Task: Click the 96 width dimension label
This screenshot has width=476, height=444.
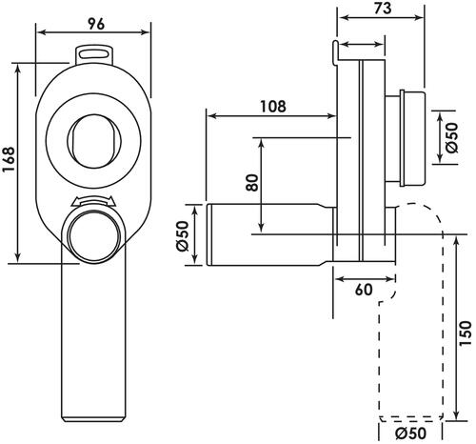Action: pos(96,24)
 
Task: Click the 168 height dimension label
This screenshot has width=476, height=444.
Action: pos(9,159)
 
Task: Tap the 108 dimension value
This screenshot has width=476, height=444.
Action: pos(273,107)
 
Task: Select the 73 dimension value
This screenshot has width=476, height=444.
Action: pos(383,9)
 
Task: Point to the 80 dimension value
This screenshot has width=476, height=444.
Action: pos(252,183)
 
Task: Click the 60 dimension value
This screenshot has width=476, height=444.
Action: pos(364,290)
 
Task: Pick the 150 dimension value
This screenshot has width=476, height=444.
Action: pos(466,333)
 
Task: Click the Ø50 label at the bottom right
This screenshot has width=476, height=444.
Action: pos(411,434)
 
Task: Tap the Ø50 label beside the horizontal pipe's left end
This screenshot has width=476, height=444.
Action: pos(183,235)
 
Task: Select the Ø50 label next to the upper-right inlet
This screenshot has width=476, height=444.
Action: pos(452,137)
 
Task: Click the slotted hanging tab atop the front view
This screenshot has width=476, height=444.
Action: pos(94,54)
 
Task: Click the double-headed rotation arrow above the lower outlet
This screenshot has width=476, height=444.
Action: pos(92,201)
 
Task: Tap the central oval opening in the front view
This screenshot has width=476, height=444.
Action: pos(93,141)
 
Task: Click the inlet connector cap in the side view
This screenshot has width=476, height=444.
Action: pos(412,138)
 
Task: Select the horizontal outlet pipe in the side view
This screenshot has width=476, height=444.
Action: pos(269,234)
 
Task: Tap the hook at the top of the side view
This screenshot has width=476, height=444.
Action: pos(336,52)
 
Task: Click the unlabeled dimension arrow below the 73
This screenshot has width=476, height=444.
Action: pos(362,44)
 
